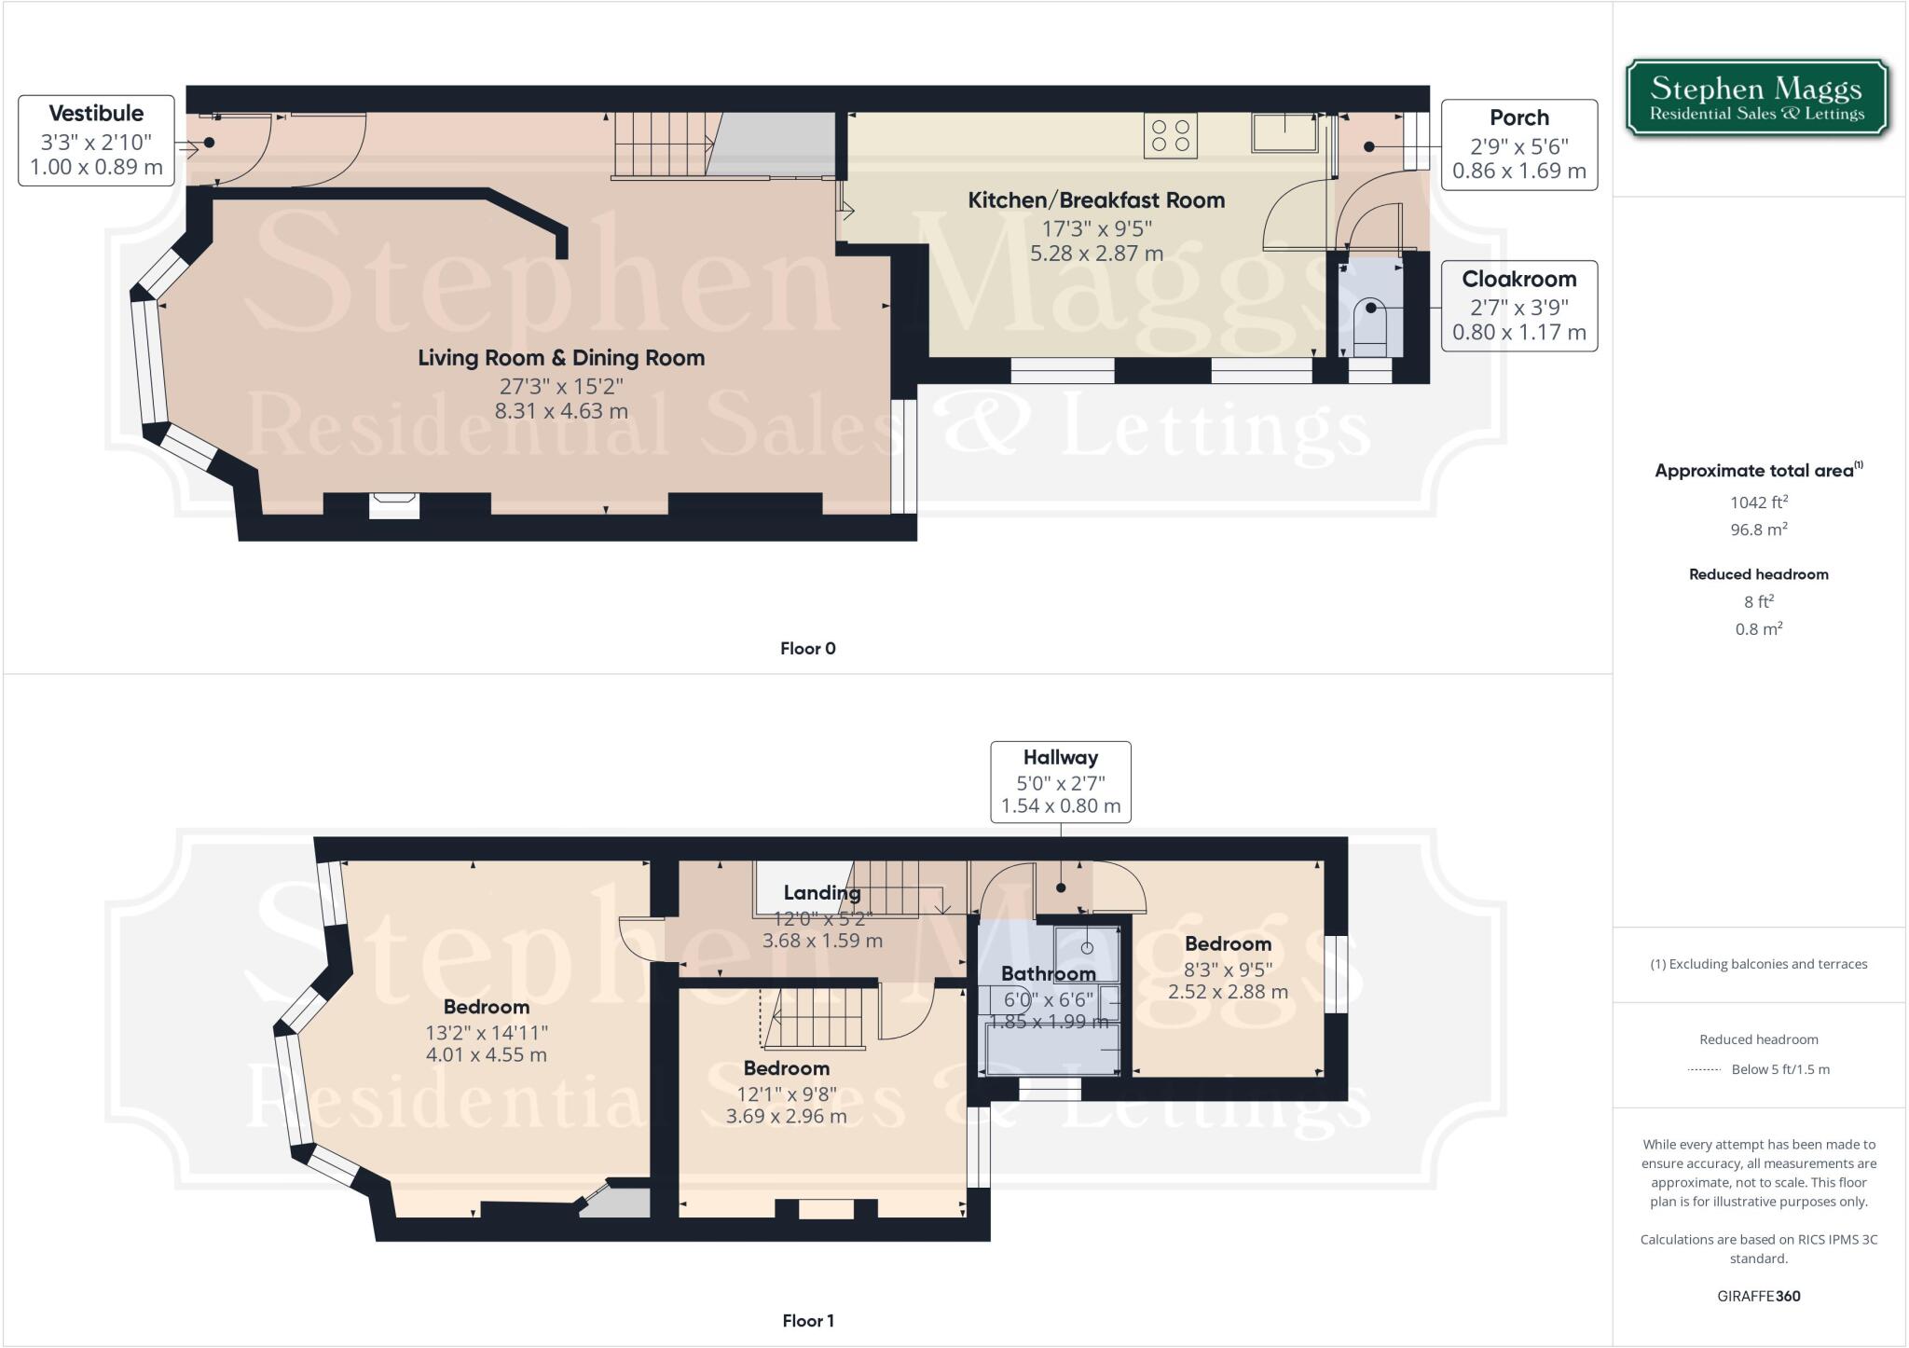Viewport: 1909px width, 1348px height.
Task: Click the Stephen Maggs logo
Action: [x=1757, y=99]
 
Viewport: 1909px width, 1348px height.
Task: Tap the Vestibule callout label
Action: [x=96, y=140]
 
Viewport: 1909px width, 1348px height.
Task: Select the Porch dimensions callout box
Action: [x=1518, y=144]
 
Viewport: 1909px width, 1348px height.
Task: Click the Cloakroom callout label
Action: [x=1518, y=306]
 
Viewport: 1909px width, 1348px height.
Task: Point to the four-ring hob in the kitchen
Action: [x=1171, y=136]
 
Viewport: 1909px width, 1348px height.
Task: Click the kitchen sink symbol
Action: [x=1285, y=131]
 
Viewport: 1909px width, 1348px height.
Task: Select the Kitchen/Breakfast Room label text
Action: [x=1096, y=199]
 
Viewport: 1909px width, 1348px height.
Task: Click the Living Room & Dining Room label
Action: [x=561, y=357]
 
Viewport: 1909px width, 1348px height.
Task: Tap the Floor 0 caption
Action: [x=807, y=648]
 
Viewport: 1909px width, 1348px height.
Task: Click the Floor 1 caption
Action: [x=807, y=1320]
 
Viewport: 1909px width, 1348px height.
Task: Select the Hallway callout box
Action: [x=1060, y=781]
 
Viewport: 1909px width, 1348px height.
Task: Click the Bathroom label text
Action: [x=1048, y=973]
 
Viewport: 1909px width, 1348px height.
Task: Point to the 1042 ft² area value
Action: [x=1758, y=502]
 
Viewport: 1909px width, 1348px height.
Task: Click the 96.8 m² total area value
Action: [x=1758, y=529]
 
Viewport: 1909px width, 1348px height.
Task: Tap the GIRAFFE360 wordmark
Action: [x=1758, y=1296]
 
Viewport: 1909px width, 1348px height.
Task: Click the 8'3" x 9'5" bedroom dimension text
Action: [x=1228, y=969]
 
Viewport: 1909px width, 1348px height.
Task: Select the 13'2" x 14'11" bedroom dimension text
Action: [x=487, y=1032]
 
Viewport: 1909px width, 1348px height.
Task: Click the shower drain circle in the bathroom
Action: [x=1087, y=948]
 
